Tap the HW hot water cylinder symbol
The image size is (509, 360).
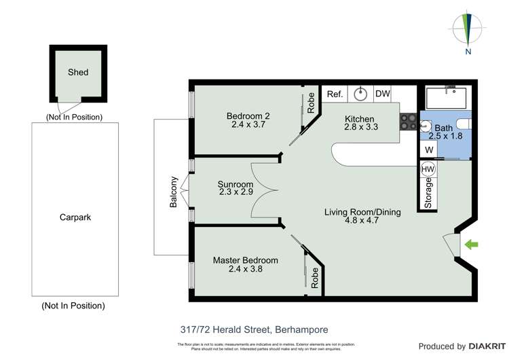point(428,169)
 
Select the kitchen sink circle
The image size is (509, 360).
point(360,94)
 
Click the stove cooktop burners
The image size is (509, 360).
point(407,122)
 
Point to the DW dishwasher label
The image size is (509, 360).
point(382,94)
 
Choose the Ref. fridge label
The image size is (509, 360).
point(334,94)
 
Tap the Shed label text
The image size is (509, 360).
point(78,72)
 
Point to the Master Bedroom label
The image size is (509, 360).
point(245,260)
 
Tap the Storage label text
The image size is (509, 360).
point(428,193)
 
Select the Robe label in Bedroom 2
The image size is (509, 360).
point(311,103)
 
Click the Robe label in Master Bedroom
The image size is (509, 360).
point(315,278)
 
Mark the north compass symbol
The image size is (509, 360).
point(466,31)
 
